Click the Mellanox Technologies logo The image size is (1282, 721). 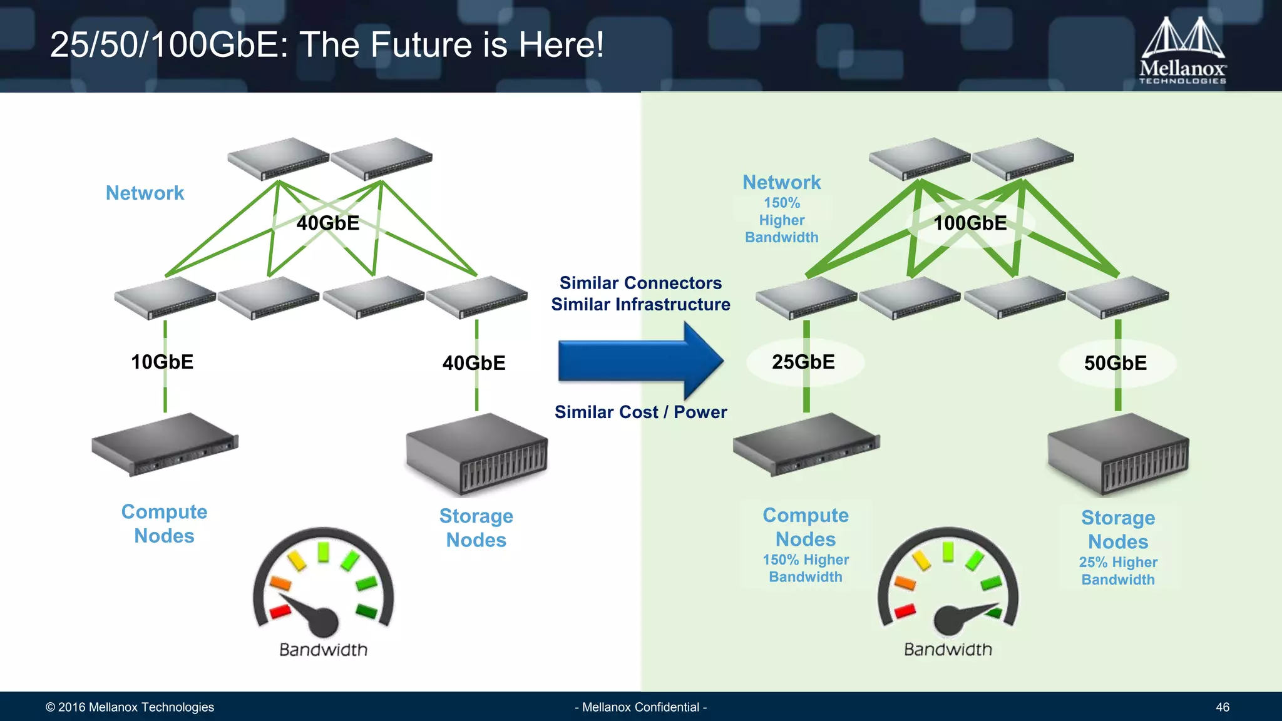tap(1182, 50)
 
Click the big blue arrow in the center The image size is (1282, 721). tap(640, 361)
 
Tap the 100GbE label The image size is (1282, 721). tap(970, 223)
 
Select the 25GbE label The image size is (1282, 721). tap(803, 362)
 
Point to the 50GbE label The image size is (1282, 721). tap(1115, 363)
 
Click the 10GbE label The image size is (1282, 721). tap(162, 362)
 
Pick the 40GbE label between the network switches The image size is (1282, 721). tap(327, 223)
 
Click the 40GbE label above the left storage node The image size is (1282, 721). tap(474, 363)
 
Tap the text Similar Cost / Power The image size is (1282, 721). tap(640, 412)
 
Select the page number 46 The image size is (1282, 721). tap(1222, 707)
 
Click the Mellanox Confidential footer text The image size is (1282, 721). tap(640, 707)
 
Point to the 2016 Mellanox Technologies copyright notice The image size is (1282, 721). tap(130, 707)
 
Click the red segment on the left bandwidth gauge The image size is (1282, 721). tap(279, 611)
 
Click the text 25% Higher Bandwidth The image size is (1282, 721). tap(1118, 571)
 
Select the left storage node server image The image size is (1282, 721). tap(476, 454)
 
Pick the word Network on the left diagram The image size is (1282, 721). tap(145, 193)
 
